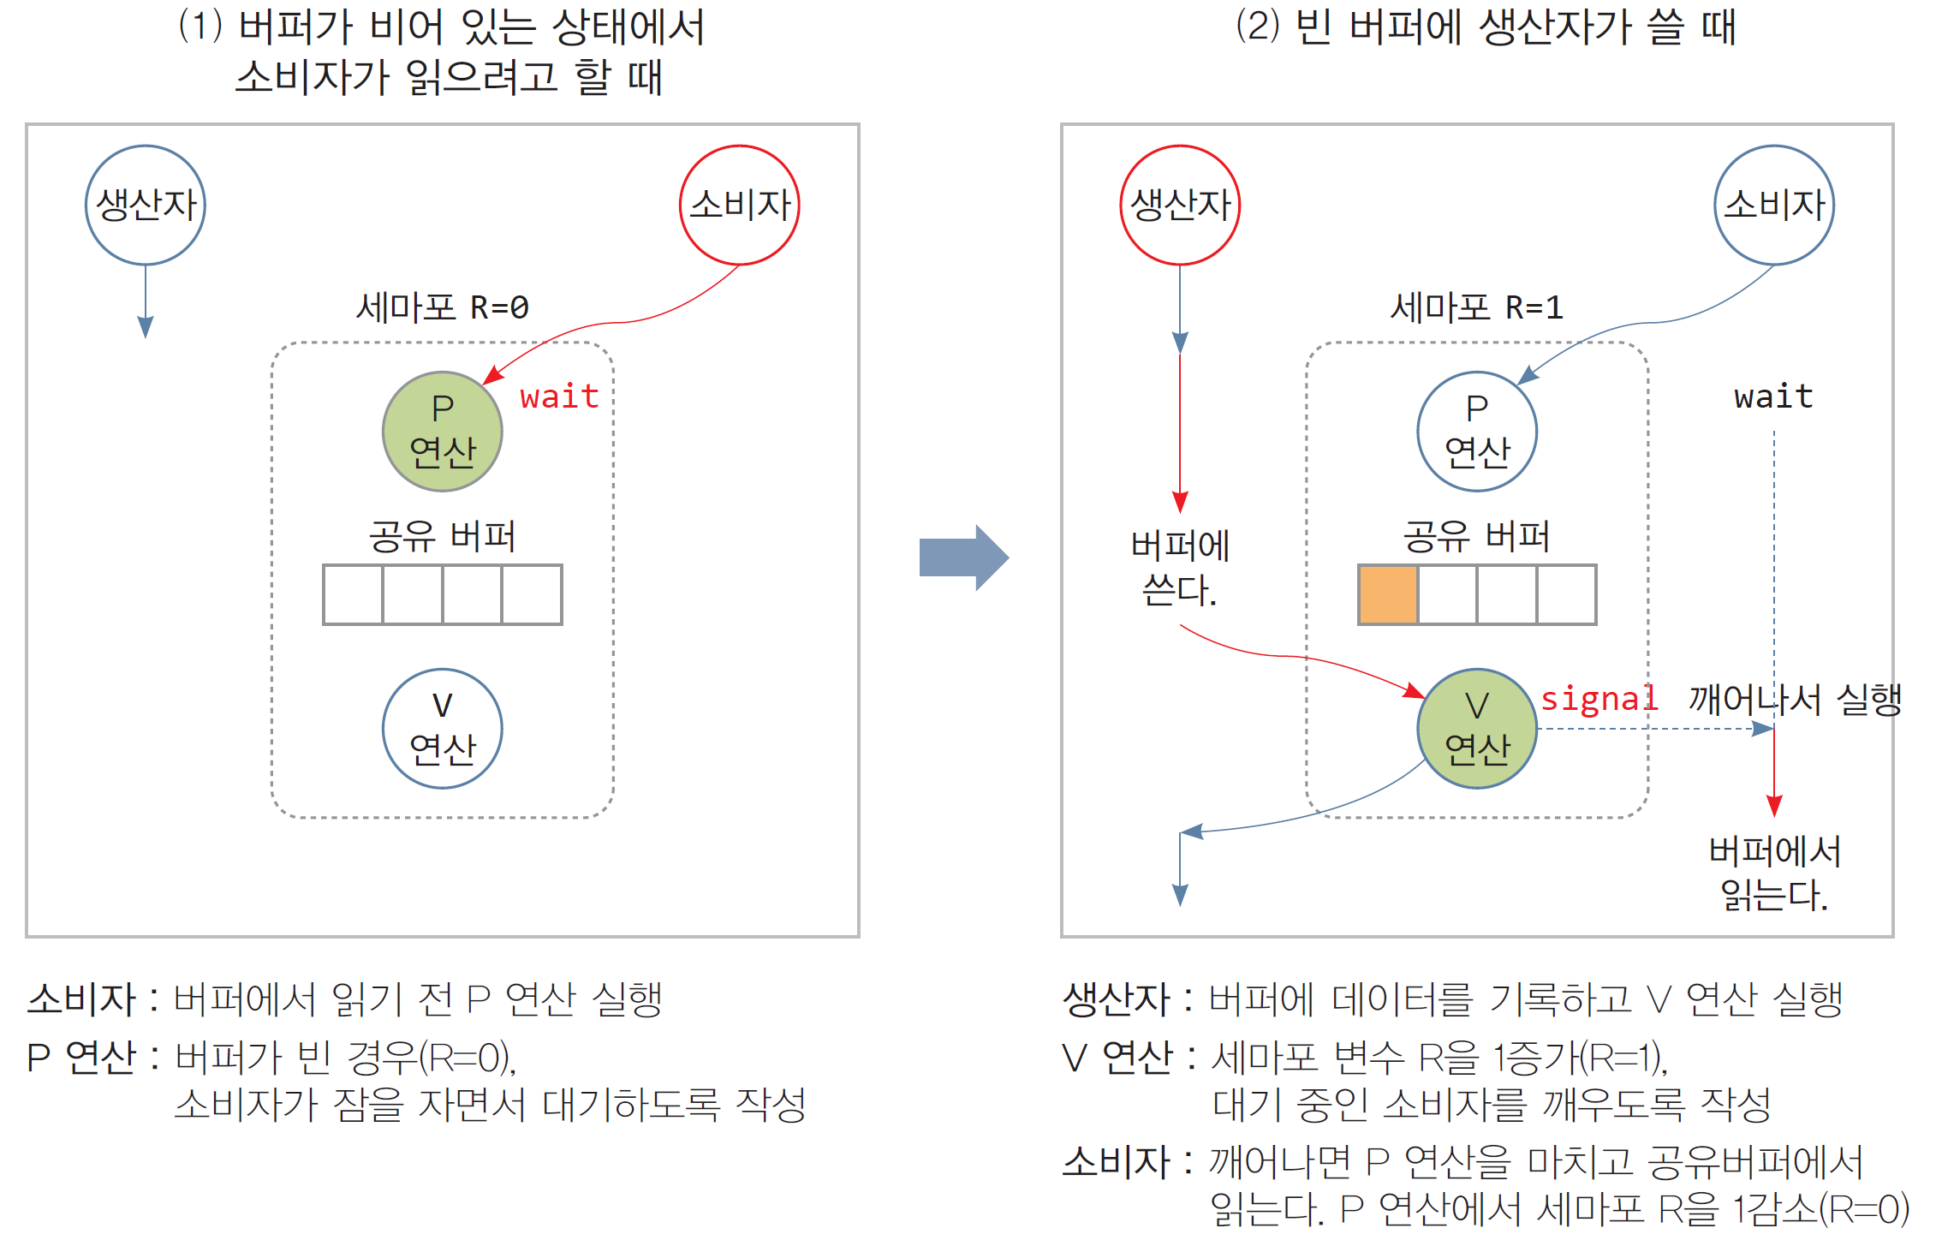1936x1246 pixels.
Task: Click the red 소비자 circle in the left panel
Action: (x=739, y=206)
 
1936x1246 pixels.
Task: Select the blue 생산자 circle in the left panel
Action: (x=146, y=206)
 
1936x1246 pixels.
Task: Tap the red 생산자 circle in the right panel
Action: (x=1180, y=206)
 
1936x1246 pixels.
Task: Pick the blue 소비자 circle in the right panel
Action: (x=1774, y=206)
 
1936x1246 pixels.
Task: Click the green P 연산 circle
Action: (x=442, y=431)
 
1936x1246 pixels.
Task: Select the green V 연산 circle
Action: (x=1477, y=729)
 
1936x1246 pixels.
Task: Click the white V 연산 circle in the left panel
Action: (x=442, y=729)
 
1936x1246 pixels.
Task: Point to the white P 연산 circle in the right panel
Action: (x=1477, y=431)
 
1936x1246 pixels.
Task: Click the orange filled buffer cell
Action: (x=1388, y=594)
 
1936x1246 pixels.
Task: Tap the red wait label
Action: (x=559, y=396)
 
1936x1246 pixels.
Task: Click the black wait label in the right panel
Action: (x=1773, y=396)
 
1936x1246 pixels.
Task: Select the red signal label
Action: (x=1599, y=699)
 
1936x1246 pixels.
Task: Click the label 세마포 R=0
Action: (x=442, y=307)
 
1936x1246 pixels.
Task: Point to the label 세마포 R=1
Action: (x=1476, y=307)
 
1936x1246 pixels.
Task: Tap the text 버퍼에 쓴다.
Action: (x=1180, y=568)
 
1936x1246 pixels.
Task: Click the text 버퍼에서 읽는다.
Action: (x=1774, y=873)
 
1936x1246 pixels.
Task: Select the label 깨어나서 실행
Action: (x=1795, y=699)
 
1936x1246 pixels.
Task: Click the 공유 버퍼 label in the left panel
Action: (x=442, y=537)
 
